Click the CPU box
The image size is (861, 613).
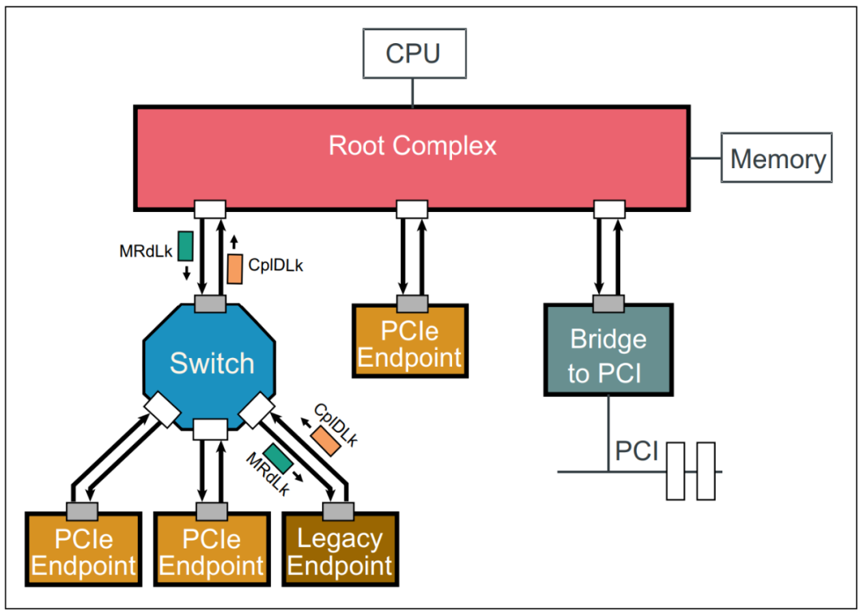413,54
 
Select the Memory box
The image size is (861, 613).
777,159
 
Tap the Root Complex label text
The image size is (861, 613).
412,146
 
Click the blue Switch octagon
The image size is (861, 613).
211,363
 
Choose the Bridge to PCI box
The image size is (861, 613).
607,354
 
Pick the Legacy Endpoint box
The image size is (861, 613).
339,551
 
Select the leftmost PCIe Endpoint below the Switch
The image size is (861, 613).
83,551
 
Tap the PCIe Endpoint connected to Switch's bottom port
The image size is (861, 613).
211,551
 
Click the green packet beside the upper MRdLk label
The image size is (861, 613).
186,246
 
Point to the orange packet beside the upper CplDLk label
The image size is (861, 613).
234,269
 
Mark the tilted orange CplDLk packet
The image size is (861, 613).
326,440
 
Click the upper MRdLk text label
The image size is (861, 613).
146,251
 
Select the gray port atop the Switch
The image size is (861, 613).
211,303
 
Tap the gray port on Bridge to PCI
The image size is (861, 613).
608,303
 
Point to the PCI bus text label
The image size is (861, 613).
636,451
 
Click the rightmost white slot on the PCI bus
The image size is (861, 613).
706,470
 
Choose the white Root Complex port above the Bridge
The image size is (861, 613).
609,209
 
